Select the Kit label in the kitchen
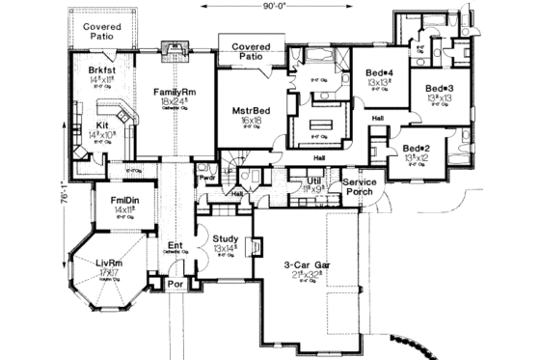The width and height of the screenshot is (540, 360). coord(101,125)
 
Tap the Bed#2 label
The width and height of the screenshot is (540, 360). coord(418,148)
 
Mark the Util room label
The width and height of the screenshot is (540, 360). coord(314,180)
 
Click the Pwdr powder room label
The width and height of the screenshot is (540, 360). coord(205,179)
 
